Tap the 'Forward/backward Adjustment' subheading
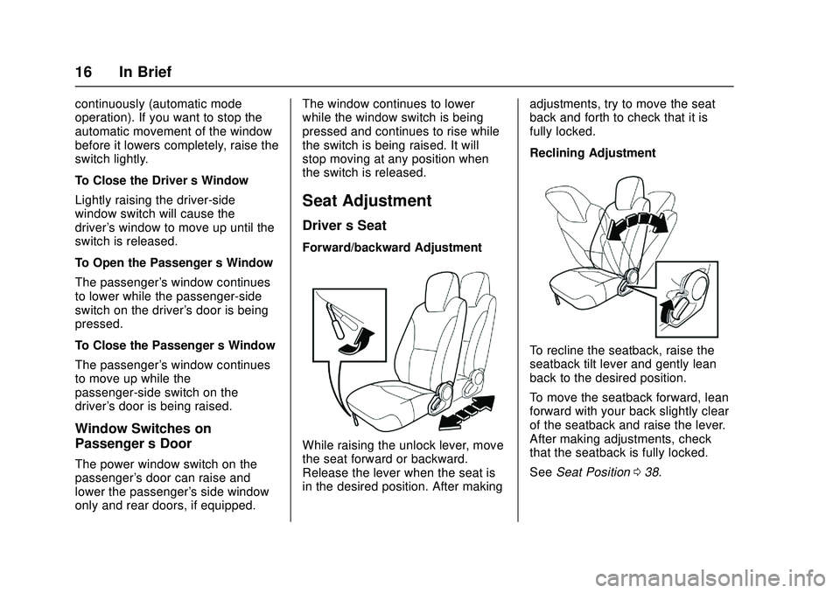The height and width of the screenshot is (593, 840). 390,248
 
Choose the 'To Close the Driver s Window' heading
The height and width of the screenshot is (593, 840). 161,180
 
